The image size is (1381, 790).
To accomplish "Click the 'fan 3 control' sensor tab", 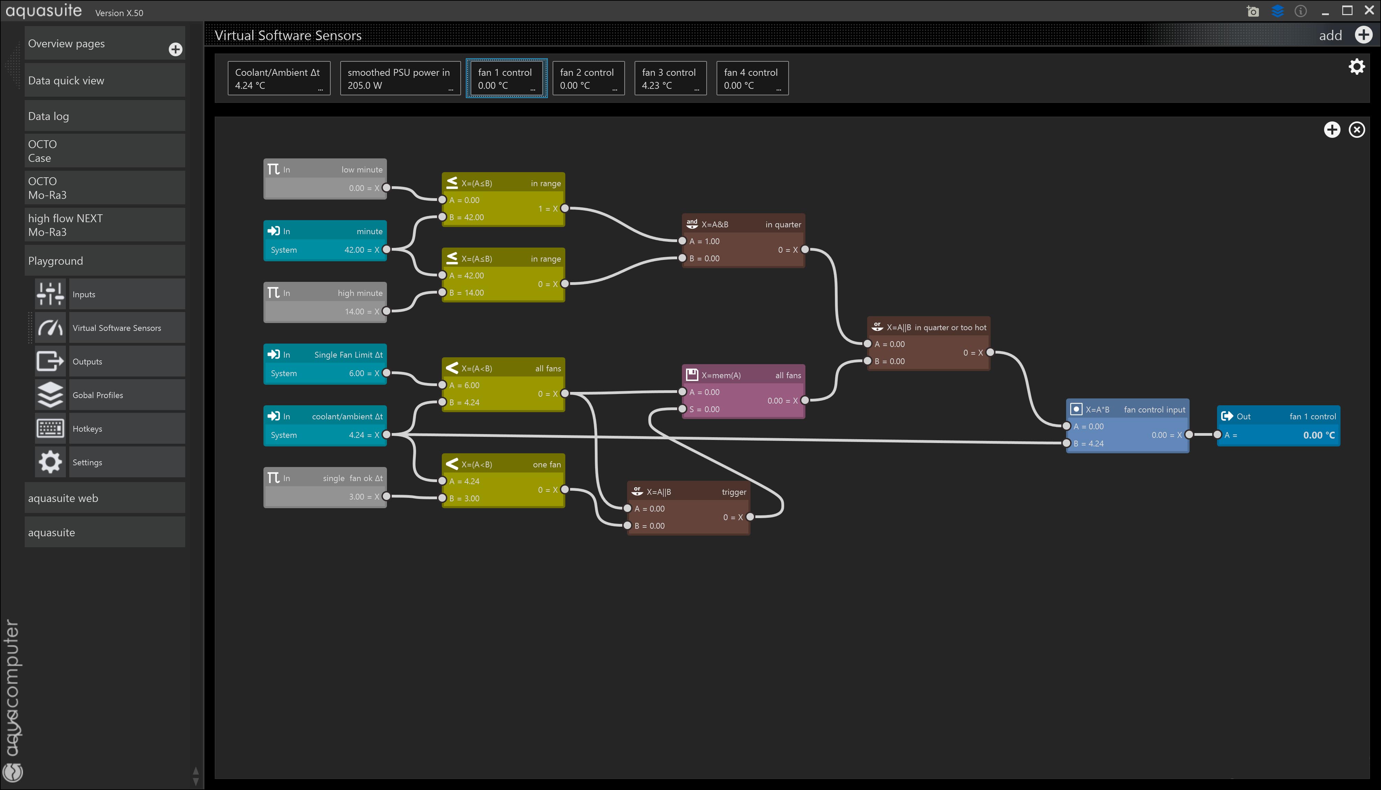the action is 670,78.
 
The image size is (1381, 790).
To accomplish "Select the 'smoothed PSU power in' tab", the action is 400,78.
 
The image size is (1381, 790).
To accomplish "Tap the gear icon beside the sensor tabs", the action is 1357,67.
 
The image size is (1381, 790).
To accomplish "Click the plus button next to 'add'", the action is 1364,35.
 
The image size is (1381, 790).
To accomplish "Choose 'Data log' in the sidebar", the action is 105,116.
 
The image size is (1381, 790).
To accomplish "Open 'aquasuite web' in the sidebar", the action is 105,498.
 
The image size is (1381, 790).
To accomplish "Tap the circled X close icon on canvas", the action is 1357,130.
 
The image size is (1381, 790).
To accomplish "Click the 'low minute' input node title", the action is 362,170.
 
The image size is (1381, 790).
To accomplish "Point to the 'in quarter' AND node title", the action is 783,225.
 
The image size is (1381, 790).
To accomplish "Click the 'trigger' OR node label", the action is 734,492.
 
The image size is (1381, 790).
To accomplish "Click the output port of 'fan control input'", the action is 1189,435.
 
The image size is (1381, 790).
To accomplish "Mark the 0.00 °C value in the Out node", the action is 1319,435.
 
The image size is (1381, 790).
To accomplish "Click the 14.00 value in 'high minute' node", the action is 354,311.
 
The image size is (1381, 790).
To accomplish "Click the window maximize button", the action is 1347,11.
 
